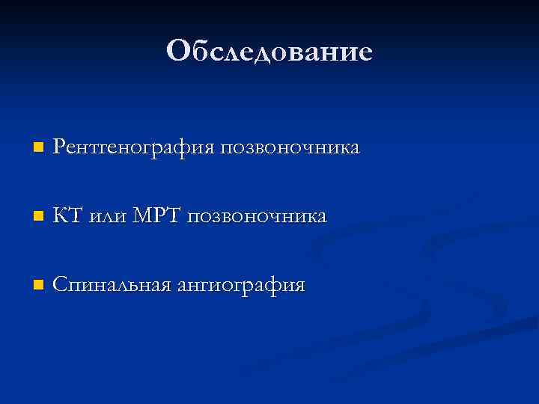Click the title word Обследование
point(269,51)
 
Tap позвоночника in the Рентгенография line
point(290,147)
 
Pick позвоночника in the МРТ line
point(257,217)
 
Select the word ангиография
point(241,286)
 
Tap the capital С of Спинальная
point(60,285)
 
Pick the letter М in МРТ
point(141,216)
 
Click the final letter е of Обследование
point(364,53)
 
